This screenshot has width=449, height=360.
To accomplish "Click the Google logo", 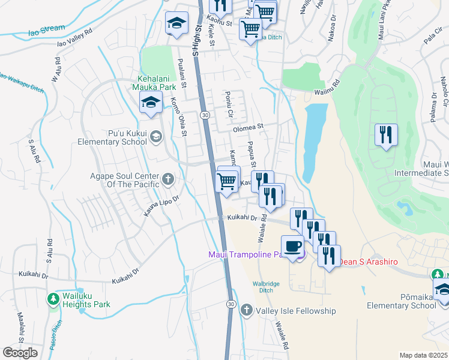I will tap(20, 353).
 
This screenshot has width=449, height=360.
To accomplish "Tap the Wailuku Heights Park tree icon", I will tap(53, 298).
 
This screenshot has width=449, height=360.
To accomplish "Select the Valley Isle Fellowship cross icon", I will tap(246, 310).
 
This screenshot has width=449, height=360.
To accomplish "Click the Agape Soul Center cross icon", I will tap(167, 178).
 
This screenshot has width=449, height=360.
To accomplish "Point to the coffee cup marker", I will tap(292, 247).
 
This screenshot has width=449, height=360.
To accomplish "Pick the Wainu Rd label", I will tap(327, 91).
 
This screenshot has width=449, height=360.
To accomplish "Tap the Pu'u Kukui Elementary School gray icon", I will tap(156, 136).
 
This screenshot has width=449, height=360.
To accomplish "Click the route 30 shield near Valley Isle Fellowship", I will tap(231, 305).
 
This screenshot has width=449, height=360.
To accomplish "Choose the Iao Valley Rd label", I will tap(74, 38).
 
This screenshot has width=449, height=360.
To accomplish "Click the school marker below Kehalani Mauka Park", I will tap(151, 102).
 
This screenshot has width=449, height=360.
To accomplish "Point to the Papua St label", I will tap(252, 155).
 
